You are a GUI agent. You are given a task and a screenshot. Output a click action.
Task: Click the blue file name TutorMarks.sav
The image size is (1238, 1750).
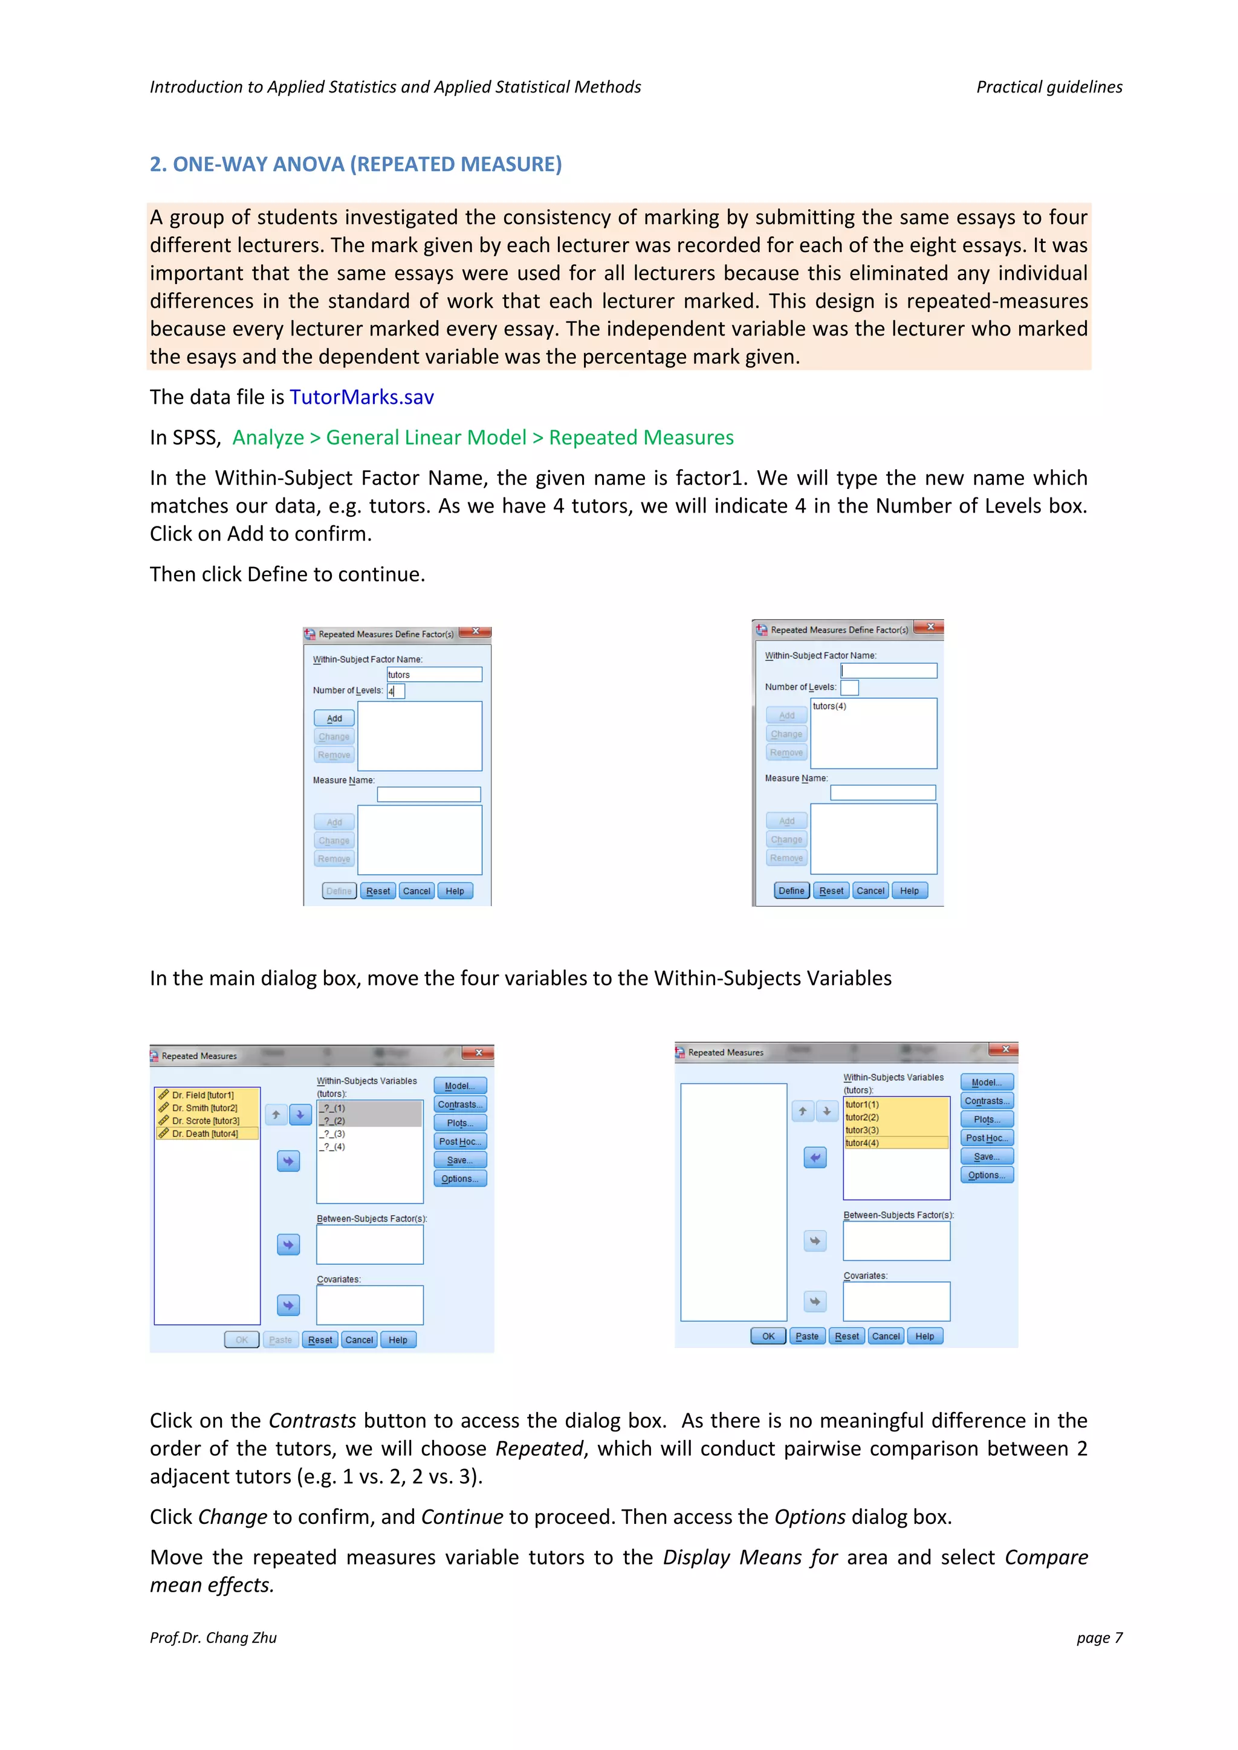(x=361, y=397)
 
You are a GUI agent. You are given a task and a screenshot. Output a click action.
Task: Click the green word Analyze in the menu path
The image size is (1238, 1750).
(x=268, y=438)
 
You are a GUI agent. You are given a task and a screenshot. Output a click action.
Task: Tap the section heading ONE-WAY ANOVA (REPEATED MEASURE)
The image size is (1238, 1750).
(x=355, y=164)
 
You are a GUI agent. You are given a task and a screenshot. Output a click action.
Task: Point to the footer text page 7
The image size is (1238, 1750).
(x=1099, y=1637)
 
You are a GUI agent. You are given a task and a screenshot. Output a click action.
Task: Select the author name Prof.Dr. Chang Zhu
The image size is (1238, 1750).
(x=213, y=1637)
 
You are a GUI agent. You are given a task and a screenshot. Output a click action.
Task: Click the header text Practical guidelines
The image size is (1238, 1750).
(x=1049, y=87)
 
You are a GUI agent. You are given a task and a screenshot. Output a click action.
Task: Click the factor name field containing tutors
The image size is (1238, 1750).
(x=434, y=675)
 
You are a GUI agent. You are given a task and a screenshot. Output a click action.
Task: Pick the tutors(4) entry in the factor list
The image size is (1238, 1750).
(x=829, y=707)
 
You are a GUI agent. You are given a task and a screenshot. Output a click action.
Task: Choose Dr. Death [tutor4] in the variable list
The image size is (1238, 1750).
(x=205, y=1133)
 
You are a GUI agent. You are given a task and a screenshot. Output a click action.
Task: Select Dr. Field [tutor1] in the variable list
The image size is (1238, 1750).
(x=203, y=1095)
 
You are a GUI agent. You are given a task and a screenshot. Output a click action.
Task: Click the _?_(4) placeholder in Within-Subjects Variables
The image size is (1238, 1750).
(x=332, y=1146)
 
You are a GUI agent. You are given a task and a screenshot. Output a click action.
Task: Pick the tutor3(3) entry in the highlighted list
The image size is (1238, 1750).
(x=862, y=1130)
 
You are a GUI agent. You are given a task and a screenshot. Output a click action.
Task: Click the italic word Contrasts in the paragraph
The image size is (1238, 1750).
(x=312, y=1421)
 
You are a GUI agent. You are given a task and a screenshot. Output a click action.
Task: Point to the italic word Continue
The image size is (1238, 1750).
(x=462, y=1517)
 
